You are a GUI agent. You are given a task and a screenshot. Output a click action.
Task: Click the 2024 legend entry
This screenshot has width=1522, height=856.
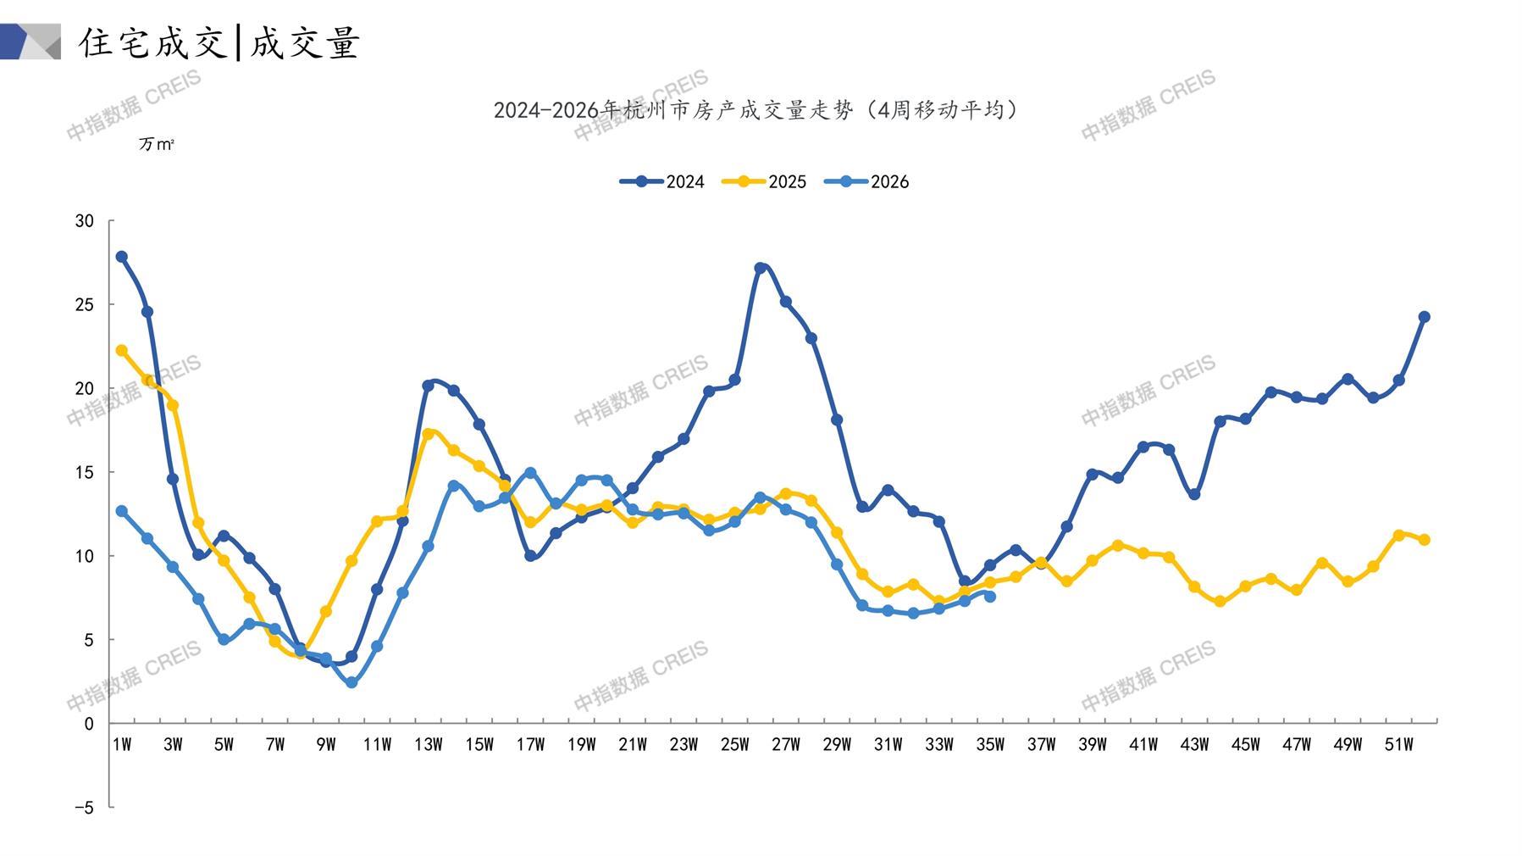click(662, 181)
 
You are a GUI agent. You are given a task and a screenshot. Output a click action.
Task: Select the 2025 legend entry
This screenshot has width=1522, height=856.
click(764, 181)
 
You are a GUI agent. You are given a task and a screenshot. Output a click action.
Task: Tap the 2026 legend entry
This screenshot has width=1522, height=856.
click(866, 181)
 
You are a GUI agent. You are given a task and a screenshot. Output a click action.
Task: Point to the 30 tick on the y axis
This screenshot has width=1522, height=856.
click(85, 221)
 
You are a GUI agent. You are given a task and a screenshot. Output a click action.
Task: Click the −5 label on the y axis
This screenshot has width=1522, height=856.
click(84, 808)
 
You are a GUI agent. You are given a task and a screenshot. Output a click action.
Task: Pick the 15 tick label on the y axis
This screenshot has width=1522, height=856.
click(85, 472)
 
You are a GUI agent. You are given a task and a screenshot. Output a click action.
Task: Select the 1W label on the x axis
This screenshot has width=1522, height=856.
click(122, 745)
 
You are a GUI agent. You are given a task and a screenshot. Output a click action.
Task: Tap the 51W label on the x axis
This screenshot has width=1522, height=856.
click(1398, 745)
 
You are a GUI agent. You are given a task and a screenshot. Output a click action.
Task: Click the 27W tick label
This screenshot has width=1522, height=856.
click(785, 745)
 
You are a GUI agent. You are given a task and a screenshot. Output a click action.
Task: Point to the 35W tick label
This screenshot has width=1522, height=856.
click(990, 745)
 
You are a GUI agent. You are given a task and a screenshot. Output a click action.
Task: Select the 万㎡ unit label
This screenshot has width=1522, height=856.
click(157, 144)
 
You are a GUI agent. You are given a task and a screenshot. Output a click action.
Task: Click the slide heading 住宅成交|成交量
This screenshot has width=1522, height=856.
click(219, 42)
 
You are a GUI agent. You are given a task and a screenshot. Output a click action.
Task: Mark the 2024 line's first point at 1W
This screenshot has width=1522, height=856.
click(122, 257)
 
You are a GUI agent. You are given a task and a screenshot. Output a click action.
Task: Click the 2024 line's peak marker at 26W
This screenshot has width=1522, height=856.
click(760, 269)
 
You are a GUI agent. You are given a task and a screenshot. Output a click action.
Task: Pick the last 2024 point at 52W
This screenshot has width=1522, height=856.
click(1424, 317)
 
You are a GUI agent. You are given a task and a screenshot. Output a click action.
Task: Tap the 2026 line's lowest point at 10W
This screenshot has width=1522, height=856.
click(351, 682)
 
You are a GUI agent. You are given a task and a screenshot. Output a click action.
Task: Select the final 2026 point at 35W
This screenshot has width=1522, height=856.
click(990, 597)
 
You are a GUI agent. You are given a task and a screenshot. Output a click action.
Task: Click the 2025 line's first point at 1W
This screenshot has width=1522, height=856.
click(122, 350)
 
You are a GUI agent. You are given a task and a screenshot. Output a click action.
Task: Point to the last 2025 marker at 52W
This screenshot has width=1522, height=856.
click(1424, 540)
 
